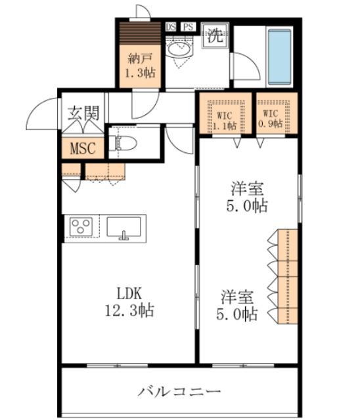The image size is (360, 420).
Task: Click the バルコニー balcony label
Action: (x=179, y=392)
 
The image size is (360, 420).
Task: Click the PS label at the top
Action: (x=189, y=27)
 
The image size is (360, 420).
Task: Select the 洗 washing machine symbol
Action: (x=215, y=35)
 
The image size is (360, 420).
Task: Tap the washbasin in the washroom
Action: (x=177, y=49)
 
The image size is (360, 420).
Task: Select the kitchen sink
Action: (x=124, y=228)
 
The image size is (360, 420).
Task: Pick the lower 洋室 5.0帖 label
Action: (x=238, y=305)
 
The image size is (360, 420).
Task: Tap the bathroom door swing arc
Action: (x=243, y=66)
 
